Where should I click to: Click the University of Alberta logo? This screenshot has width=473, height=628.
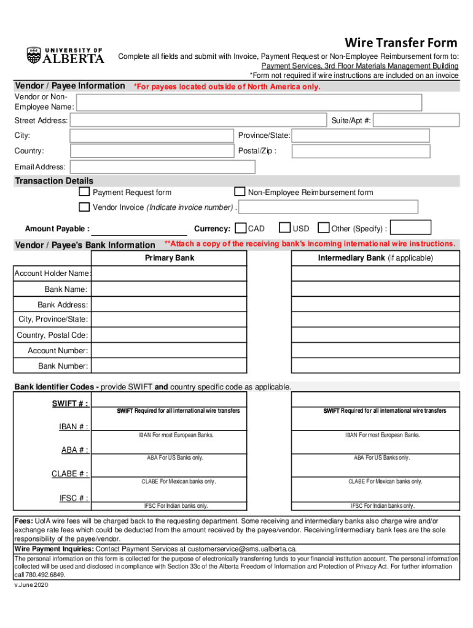tap(65, 56)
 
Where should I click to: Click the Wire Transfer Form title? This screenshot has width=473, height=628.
tap(401, 42)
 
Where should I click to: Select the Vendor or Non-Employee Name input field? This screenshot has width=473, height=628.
tap(249, 102)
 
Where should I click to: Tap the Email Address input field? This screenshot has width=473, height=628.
tap(162, 167)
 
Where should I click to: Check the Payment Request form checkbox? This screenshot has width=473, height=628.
tap(84, 193)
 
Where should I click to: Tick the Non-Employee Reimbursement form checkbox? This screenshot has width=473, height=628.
tap(240, 193)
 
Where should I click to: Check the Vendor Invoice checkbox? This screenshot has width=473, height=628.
tap(84, 207)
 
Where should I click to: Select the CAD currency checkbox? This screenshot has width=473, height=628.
tap(241, 228)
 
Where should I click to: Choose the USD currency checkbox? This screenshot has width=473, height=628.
tap(284, 228)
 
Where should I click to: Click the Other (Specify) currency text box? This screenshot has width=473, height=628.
tap(410, 228)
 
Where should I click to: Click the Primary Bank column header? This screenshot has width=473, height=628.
tap(170, 258)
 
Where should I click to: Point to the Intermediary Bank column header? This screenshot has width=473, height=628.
tap(375, 258)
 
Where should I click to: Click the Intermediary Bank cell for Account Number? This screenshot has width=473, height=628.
tap(375, 351)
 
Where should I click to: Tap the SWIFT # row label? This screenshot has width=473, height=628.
tap(70, 403)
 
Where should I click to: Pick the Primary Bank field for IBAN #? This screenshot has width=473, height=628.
tap(169, 424)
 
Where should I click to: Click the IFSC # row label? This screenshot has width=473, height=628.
tap(74, 498)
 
